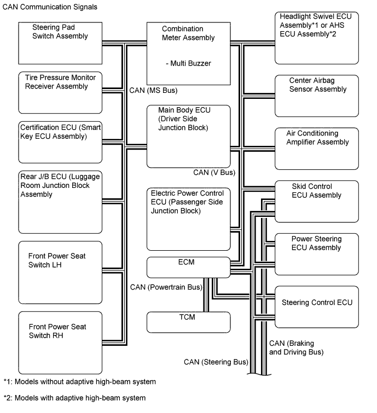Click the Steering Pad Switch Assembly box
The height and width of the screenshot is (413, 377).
(61, 43)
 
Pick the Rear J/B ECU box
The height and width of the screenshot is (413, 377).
(61, 197)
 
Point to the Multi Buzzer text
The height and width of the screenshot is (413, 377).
(188, 63)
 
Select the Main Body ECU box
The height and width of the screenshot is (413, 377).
(188, 136)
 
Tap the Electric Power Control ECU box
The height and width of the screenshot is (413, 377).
(188, 219)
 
